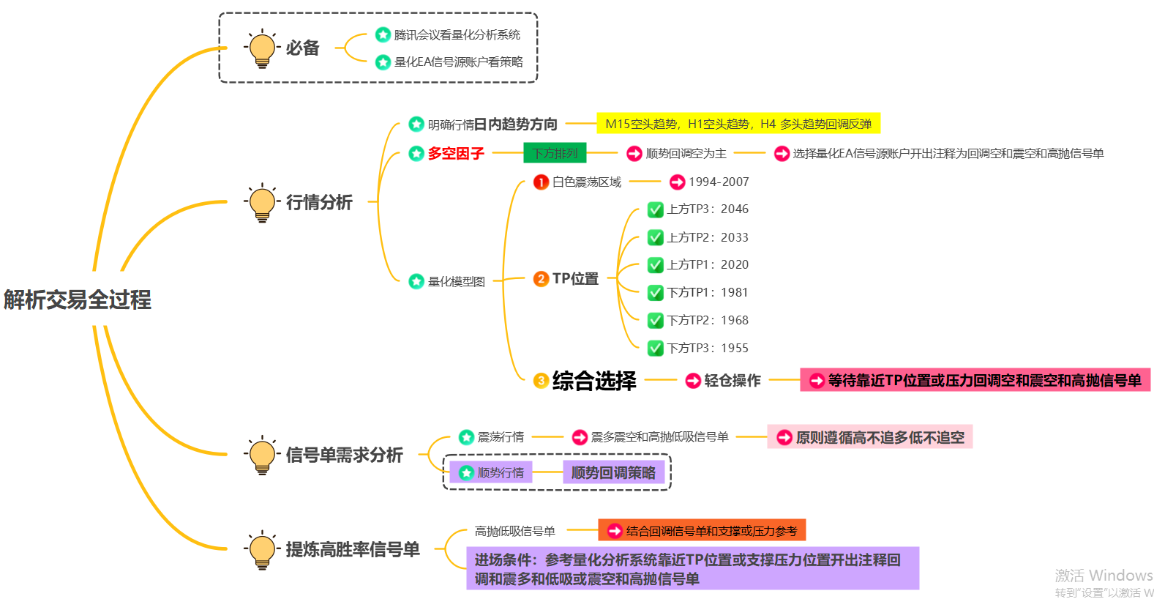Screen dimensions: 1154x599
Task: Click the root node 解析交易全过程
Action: click(x=78, y=299)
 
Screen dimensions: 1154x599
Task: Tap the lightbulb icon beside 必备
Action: click(x=262, y=48)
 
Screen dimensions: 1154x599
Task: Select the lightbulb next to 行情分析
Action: click(x=262, y=202)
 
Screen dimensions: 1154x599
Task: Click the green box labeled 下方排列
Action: click(x=555, y=153)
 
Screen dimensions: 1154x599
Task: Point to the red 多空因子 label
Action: click(x=456, y=153)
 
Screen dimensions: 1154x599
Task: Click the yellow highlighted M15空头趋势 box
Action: click(x=738, y=124)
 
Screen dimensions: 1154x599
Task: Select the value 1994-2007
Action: click(x=719, y=182)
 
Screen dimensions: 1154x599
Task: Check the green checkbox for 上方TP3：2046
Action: click(x=656, y=209)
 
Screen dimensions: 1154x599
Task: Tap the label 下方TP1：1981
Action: click(x=708, y=292)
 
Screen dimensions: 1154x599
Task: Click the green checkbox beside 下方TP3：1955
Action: click(x=656, y=348)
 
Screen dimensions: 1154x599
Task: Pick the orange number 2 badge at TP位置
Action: click(x=541, y=279)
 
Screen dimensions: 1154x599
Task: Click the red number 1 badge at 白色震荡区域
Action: click(x=541, y=182)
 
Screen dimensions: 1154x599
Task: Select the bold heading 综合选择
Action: click(x=594, y=381)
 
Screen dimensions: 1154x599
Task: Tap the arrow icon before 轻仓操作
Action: click(x=693, y=381)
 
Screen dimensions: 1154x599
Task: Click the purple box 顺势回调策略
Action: click(x=613, y=472)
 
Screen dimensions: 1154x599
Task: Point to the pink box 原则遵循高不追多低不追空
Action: click(x=869, y=437)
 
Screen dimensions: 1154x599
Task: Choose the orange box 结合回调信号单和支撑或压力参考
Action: click(x=702, y=530)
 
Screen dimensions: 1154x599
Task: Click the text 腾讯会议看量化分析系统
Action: click(x=457, y=34)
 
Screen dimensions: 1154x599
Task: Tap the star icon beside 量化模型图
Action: click(x=416, y=281)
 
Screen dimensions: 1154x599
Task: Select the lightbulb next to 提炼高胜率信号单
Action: click(x=262, y=549)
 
